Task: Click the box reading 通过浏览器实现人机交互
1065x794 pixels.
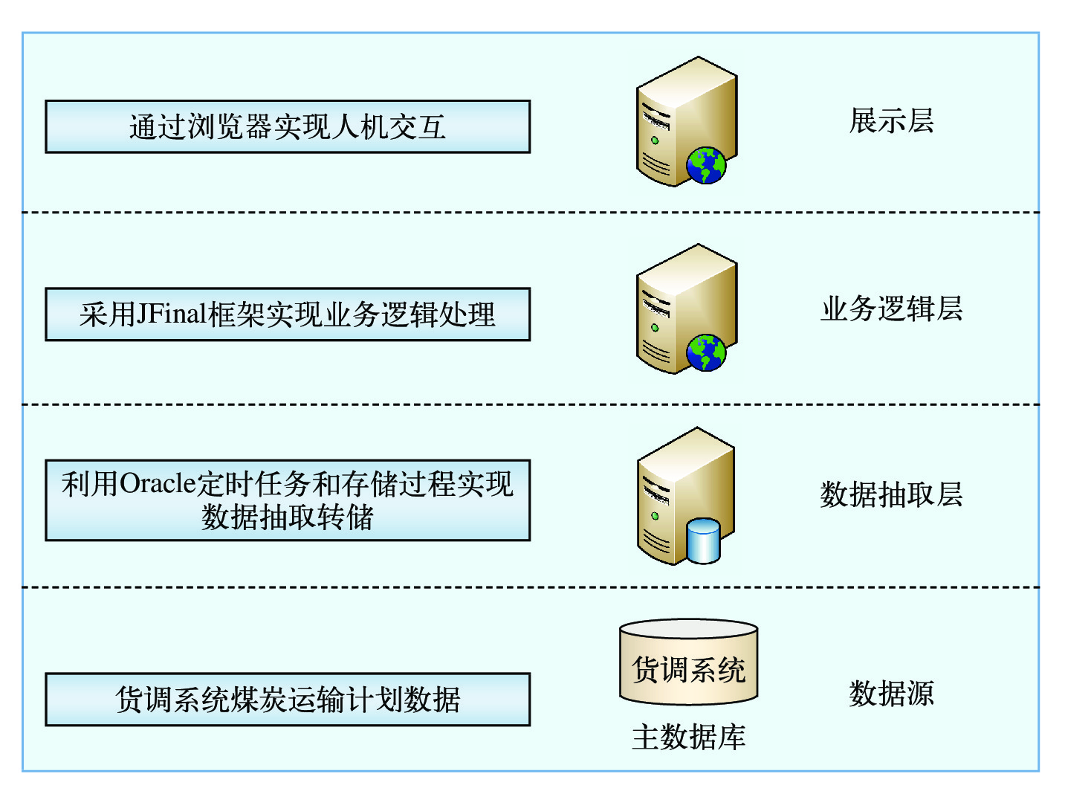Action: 288,127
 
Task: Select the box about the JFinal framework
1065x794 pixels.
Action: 288,314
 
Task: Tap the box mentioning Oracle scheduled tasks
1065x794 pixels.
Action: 288,500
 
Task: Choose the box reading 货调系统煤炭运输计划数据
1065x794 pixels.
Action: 288,700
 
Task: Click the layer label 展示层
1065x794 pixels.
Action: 891,121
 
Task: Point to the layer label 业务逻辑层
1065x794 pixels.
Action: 891,309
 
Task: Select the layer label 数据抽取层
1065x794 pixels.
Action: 891,494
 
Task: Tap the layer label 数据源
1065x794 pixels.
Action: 891,694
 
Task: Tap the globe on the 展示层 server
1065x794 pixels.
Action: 706,165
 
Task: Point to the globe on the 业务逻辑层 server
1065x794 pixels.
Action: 706,352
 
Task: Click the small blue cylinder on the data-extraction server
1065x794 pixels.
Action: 704,540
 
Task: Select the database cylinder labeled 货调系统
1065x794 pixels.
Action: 688,662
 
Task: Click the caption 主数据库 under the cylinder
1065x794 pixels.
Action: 688,737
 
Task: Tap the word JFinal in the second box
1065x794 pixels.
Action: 172,314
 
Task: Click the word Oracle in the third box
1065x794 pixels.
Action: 158,484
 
